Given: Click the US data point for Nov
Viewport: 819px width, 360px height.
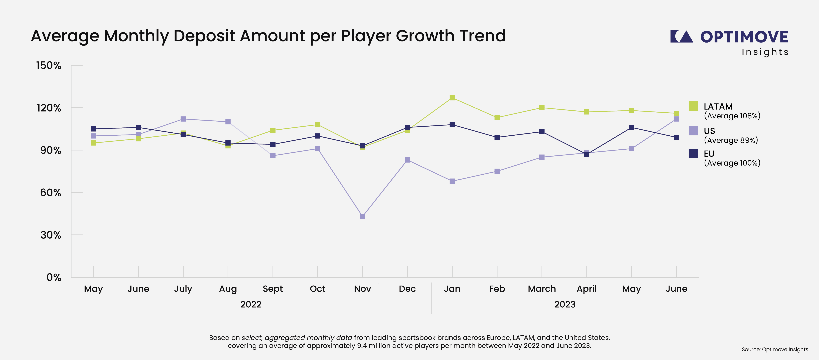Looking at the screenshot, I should (x=362, y=216).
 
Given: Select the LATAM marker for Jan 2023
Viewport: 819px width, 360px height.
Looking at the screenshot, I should (x=452, y=98).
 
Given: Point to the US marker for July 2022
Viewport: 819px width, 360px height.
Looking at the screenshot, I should (x=183, y=119).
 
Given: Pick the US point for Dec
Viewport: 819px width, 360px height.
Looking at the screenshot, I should (x=407, y=160).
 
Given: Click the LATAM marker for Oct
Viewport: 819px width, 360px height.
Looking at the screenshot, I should (x=318, y=125).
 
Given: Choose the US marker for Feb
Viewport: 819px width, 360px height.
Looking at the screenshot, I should (x=497, y=171).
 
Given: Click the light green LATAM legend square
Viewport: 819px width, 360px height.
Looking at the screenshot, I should (x=693, y=106).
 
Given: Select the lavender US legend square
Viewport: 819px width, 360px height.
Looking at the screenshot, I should (x=693, y=131).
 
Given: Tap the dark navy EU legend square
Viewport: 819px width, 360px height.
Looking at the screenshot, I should (x=693, y=154).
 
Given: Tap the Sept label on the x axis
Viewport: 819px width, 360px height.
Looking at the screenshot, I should (x=273, y=289).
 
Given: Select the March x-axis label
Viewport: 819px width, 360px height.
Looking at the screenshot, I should (x=542, y=289).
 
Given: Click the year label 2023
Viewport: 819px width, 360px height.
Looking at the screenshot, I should (x=565, y=304).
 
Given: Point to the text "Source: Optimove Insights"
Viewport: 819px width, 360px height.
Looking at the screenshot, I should (x=775, y=349).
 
